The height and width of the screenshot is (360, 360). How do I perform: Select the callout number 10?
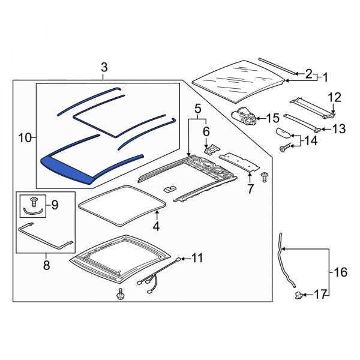point(25,138)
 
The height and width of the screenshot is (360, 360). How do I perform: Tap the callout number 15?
point(273,118)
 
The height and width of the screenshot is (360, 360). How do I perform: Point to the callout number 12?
point(333,97)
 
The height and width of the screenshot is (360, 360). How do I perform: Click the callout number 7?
point(250,190)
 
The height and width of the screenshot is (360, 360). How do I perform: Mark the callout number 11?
point(197,258)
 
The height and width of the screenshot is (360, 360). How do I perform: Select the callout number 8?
point(46,262)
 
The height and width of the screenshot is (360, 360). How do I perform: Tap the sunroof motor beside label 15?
point(244,115)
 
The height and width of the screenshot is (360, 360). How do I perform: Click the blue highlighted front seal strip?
point(66,167)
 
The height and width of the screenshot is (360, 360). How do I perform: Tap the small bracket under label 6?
point(210,151)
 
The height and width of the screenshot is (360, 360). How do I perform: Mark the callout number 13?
point(339,128)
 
